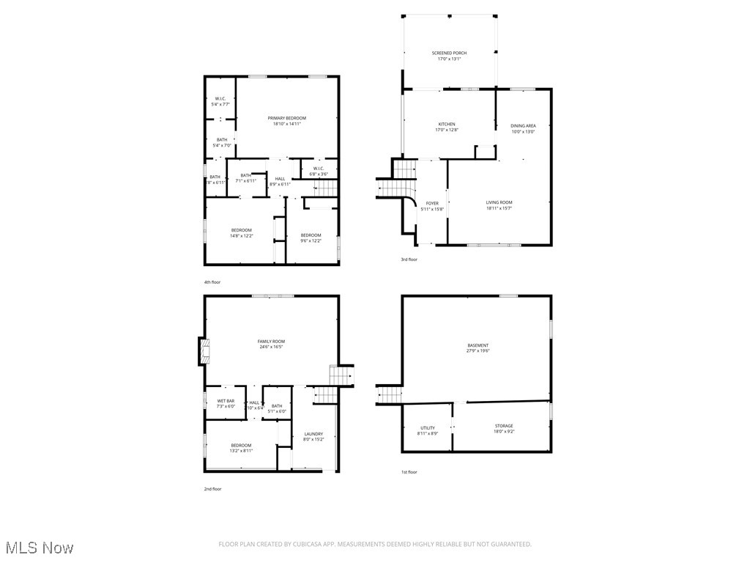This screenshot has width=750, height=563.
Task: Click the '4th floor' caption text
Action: pos(212,281)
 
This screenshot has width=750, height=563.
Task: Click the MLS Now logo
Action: pos(38,548)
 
